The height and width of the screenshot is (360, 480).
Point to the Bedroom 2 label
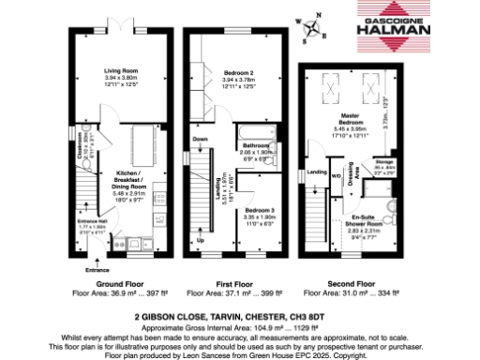241,74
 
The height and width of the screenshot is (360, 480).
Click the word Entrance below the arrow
97,270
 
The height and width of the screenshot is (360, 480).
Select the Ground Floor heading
118,282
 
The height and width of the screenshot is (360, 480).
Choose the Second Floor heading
352,282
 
